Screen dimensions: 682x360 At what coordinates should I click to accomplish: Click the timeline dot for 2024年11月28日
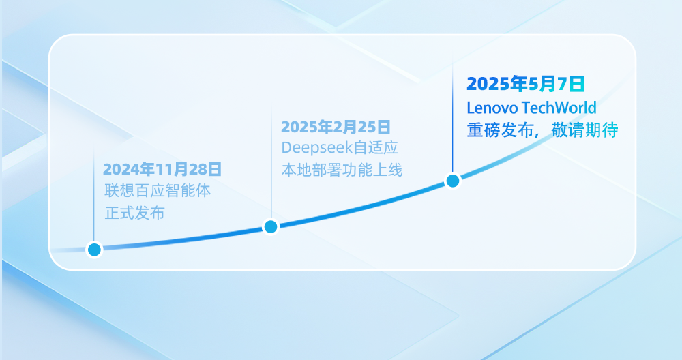click(94, 250)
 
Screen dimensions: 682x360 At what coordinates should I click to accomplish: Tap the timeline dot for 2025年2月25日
click(271, 226)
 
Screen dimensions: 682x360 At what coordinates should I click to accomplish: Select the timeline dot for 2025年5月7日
click(453, 181)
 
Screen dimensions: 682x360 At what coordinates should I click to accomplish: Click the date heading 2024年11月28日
click(162, 169)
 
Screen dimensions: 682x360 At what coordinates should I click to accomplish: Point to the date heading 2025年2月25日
click(336, 127)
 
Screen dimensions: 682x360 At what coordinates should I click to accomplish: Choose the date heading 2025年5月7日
click(525, 84)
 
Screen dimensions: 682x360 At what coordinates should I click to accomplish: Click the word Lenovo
click(492, 108)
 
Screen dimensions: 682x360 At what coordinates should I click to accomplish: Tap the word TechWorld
click(559, 108)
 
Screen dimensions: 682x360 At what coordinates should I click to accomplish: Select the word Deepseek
click(316, 148)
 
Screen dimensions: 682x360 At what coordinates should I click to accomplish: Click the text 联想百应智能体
click(158, 190)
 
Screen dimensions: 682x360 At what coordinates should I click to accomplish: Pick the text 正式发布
click(135, 213)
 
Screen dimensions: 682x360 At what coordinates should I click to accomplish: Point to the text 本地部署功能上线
click(342, 170)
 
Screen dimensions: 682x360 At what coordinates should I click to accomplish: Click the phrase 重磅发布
click(500, 130)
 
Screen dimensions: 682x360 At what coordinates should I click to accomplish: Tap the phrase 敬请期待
click(584, 130)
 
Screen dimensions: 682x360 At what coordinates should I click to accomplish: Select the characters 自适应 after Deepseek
click(376, 148)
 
